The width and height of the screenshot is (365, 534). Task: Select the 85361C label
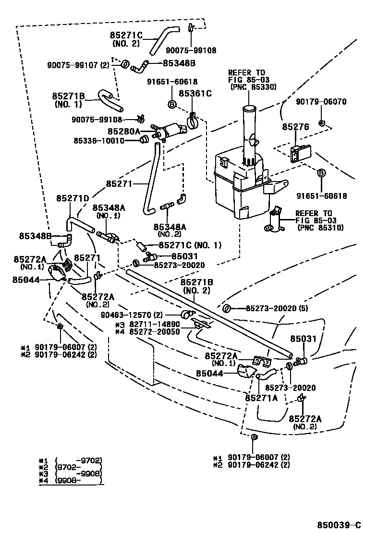click(x=195, y=93)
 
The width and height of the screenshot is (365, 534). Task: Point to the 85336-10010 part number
click(x=99, y=141)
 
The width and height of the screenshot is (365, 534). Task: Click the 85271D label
click(x=73, y=198)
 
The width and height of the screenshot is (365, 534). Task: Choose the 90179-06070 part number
click(x=321, y=101)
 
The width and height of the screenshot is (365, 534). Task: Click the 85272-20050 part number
click(x=154, y=332)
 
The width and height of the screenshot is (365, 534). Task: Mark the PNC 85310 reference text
click(x=320, y=228)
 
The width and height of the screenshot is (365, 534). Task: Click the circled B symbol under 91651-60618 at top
click(x=171, y=104)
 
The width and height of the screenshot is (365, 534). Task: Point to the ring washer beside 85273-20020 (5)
click(x=228, y=308)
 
